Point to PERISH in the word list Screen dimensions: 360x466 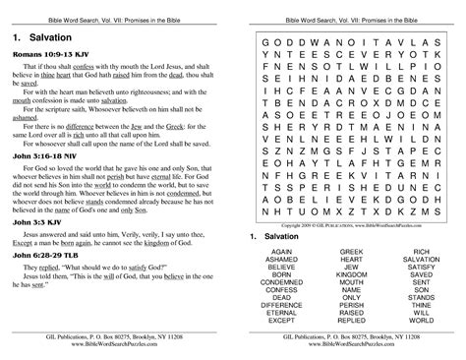pyautogui.click(x=352, y=305)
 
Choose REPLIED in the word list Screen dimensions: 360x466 pyautogui.click(x=352, y=320)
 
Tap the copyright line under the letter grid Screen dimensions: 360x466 pyautogui.click(x=351, y=225)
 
